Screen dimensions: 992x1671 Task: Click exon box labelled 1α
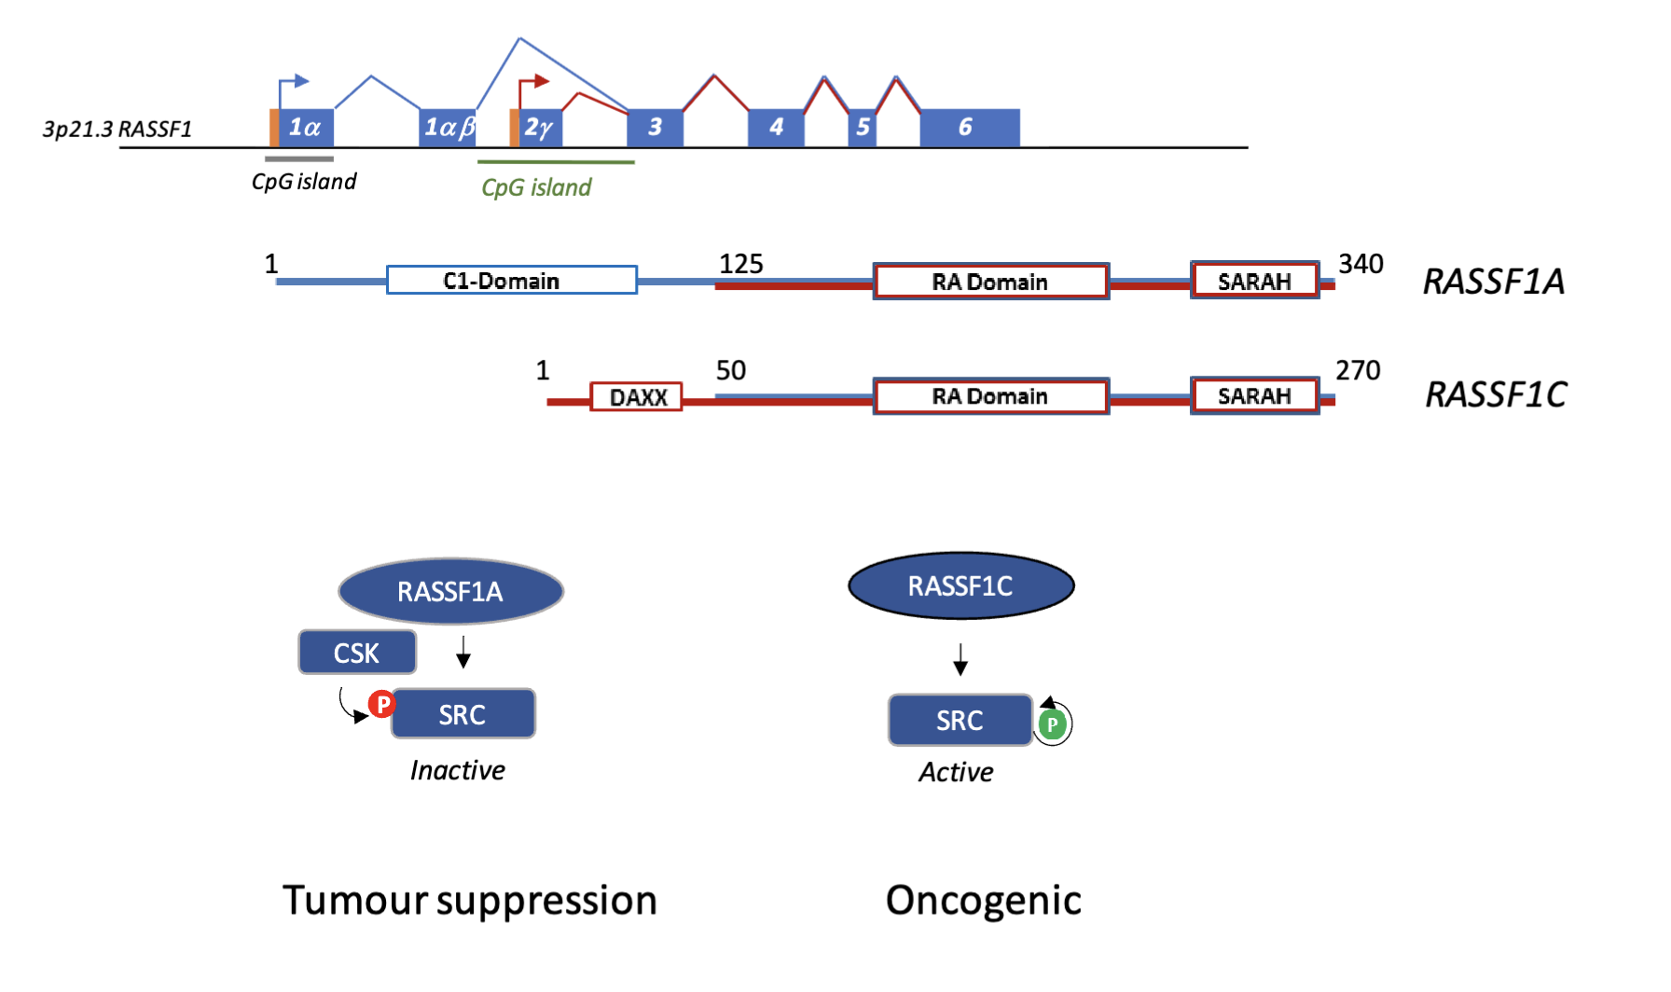click(306, 128)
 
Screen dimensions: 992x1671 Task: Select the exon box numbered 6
click(969, 128)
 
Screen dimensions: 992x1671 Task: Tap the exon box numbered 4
click(776, 128)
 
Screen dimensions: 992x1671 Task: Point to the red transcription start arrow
click(533, 83)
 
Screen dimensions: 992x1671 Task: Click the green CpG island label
click(536, 187)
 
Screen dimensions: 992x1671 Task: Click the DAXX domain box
click(636, 397)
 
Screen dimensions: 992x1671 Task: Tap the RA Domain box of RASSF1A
click(990, 282)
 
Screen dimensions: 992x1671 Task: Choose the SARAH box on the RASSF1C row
click(1254, 396)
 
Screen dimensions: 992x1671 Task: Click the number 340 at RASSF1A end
click(1360, 264)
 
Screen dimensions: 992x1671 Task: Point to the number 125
click(740, 265)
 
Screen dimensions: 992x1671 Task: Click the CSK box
click(357, 653)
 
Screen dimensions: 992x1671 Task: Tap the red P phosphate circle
click(381, 704)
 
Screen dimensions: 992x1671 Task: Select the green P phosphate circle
click(1052, 724)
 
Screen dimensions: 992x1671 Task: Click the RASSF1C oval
click(960, 586)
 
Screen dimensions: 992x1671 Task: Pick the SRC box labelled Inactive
click(463, 714)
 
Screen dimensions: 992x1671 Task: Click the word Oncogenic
click(983, 901)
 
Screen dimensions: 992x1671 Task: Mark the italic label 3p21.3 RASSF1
click(117, 130)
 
